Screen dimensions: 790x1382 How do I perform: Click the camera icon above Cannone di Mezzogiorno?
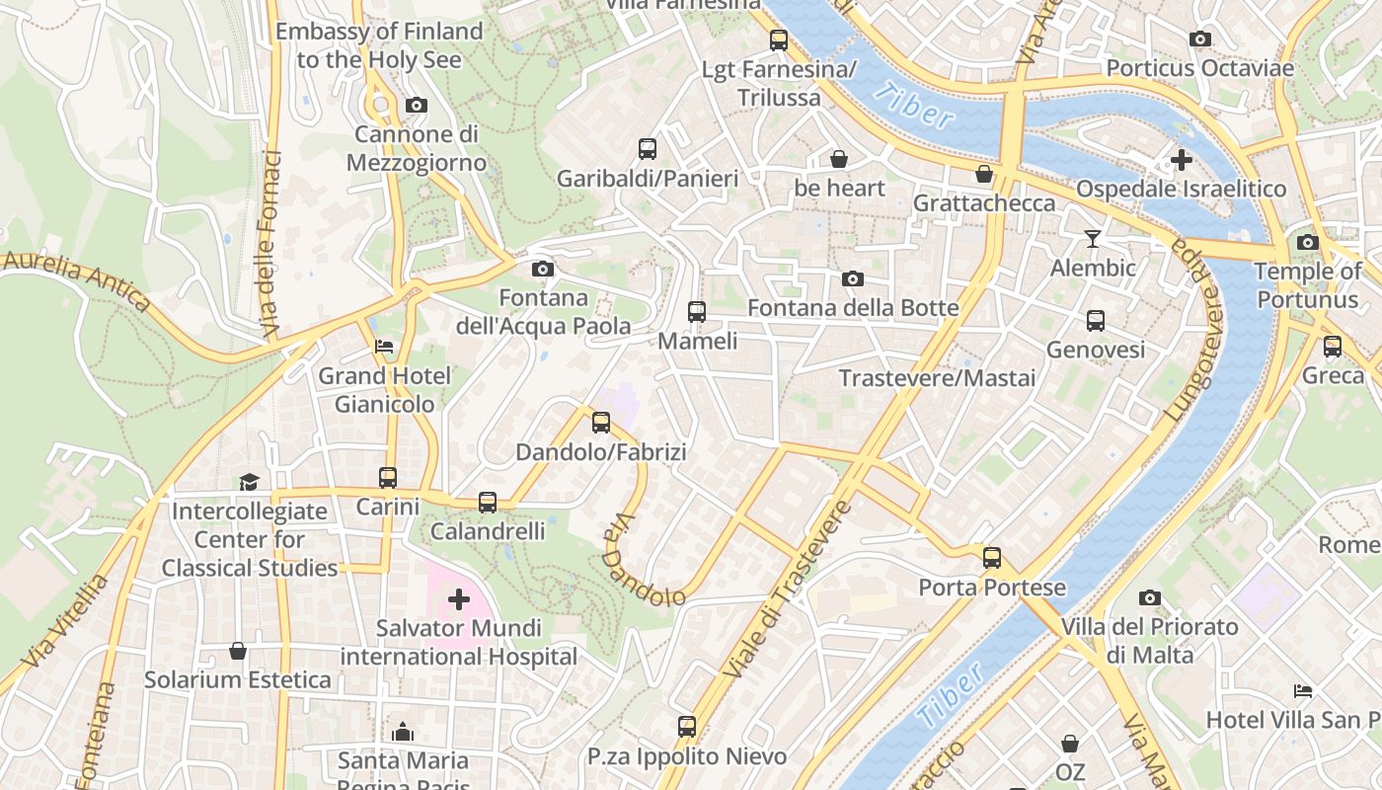[417, 105]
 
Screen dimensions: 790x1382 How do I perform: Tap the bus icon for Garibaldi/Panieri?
[648, 149]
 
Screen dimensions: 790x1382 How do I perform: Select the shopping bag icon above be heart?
[839, 159]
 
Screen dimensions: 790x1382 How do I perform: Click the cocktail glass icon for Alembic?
[1092, 239]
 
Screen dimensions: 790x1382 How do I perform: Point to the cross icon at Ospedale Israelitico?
[1181, 159]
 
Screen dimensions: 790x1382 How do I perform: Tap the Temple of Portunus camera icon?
[1307, 242]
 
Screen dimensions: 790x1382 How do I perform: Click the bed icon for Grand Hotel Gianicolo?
[384, 347]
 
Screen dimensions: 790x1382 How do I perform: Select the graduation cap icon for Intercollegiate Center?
[249, 482]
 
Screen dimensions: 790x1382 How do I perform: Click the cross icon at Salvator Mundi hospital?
[459, 598]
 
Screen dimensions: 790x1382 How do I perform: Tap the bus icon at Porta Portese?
[992, 558]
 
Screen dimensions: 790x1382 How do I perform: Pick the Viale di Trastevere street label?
[787, 591]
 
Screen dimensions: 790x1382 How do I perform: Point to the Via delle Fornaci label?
[269, 242]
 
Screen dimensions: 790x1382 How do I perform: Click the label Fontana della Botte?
[853, 308]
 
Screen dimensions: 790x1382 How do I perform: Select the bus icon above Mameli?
[697, 312]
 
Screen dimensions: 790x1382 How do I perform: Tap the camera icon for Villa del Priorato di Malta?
[1149, 597]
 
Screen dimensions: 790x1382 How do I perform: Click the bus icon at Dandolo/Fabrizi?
[601, 424]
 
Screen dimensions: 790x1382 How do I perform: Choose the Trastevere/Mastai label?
[937, 378]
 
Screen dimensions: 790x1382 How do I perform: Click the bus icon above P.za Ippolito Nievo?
[687, 727]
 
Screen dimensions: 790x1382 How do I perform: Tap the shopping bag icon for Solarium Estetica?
[238, 651]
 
